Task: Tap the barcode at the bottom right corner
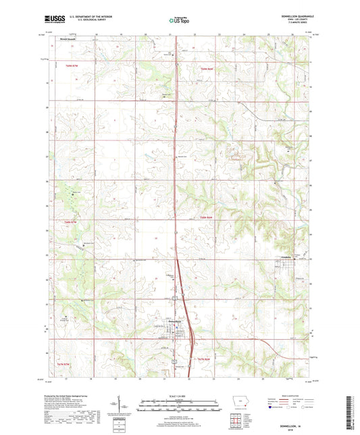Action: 349,413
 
